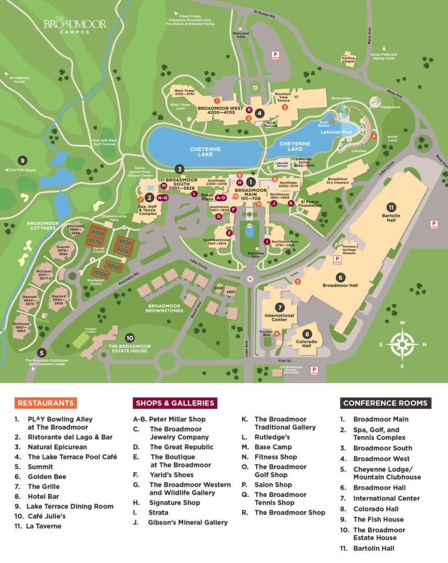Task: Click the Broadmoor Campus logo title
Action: [x=75, y=26]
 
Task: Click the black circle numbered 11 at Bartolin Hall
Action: [x=391, y=207]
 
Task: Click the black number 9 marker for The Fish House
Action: [x=23, y=161]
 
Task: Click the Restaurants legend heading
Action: [x=46, y=403]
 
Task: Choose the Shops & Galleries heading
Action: [x=175, y=403]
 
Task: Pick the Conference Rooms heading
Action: [x=385, y=403]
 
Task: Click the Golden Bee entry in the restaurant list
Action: [x=43, y=477]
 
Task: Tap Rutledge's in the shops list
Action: [x=272, y=437]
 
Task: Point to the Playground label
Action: [x=390, y=107]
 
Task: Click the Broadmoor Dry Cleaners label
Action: [x=338, y=181]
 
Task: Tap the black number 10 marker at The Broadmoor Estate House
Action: [x=130, y=338]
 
